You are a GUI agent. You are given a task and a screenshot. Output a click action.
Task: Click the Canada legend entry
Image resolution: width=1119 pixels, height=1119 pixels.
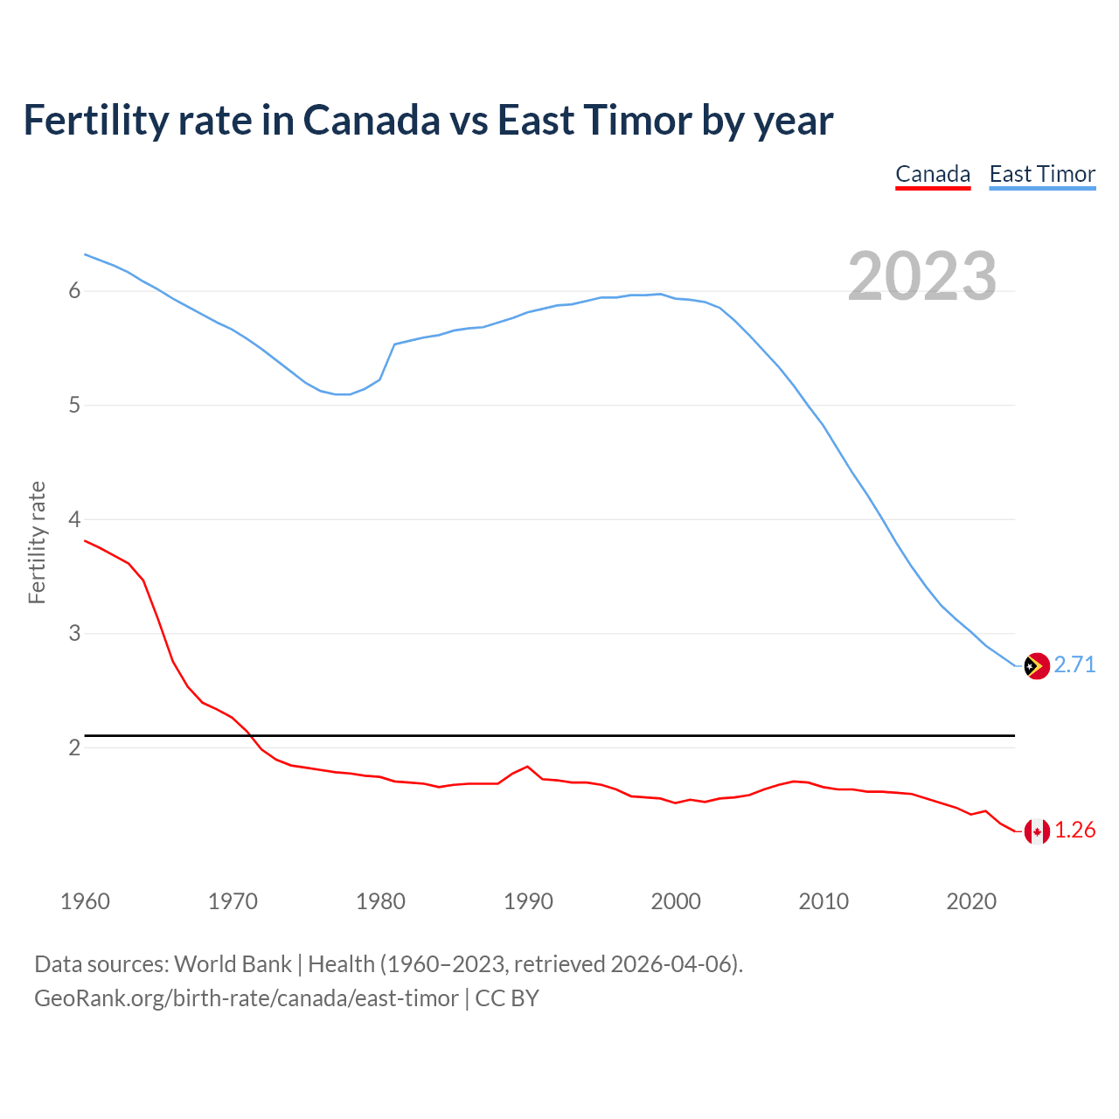pyautogui.click(x=933, y=174)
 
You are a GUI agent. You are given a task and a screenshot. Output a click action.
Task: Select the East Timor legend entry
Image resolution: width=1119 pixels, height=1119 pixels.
pyautogui.click(x=1042, y=174)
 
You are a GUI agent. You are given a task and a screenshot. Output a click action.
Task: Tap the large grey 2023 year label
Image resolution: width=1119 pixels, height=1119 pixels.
pyautogui.click(x=922, y=276)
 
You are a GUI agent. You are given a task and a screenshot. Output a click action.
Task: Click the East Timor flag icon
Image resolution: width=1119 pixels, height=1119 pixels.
pyautogui.click(x=1036, y=666)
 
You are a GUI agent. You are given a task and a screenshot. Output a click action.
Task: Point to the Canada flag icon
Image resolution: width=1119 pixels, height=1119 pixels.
pyautogui.click(x=1036, y=831)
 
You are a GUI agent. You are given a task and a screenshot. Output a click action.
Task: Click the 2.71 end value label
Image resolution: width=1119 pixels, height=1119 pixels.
pyautogui.click(x=1074, y=665)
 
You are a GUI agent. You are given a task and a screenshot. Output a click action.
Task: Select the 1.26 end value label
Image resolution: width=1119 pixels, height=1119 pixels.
pyautogui.click(x=1074, y=831)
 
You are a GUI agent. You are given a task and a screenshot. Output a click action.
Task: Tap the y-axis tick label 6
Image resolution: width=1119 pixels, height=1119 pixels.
pyautogui.click(x=74, y=291)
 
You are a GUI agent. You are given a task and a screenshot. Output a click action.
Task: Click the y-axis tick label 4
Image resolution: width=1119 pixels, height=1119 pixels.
pyautogui.click(x=74, y=519)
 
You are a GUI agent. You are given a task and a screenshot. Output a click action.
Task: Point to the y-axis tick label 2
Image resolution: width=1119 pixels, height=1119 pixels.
pyautogui.click(x=74, y=747)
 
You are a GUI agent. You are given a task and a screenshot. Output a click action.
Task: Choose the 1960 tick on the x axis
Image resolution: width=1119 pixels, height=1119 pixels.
pyautogui.click(x=85, y=901)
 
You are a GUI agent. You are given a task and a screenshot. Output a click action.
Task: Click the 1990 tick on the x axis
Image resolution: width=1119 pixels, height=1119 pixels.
pyautogui.click(x=528, y=901)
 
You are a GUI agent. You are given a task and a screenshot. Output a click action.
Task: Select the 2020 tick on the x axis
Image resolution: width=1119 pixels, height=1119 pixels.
pyautogui.click(x=971, y=901)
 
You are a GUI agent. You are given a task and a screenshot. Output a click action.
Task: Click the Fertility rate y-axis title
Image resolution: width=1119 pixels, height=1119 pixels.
pyautogui.click(x=37, y=542)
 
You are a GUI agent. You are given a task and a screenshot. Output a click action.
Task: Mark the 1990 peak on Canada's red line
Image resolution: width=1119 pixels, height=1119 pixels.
pyautogui.click(x=527, y=767)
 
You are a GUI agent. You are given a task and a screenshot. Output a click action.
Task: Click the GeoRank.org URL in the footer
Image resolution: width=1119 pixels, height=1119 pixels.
pyautogui.click(x=246, y=998)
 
